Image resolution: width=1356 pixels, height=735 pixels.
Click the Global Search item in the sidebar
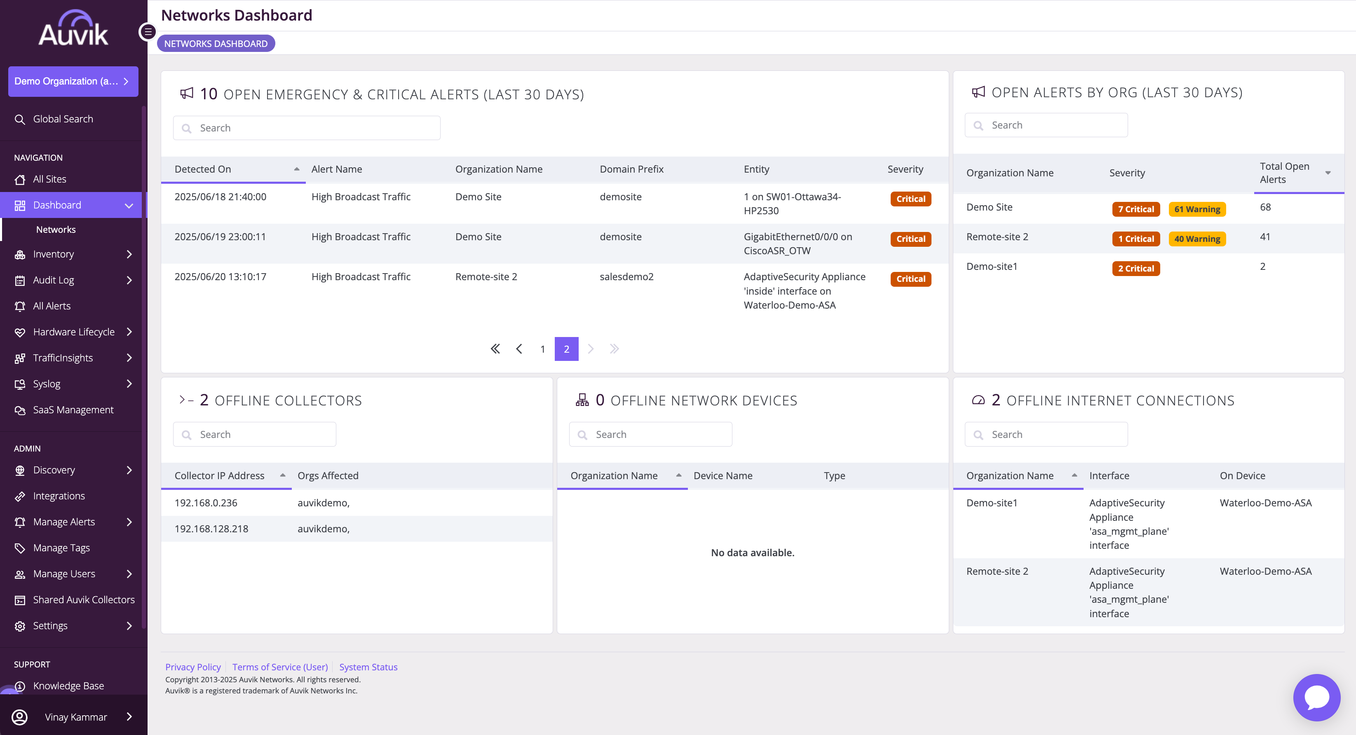63,119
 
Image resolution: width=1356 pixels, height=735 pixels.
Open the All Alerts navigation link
51,306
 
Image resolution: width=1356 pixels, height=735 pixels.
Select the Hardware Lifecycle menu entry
73,332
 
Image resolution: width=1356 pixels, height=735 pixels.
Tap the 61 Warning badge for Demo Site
1197,209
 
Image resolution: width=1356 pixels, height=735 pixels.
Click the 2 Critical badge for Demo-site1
1136,268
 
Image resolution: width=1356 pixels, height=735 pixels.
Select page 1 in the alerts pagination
543,349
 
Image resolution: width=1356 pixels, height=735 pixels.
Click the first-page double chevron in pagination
495,349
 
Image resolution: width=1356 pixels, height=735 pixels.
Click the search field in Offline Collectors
255,435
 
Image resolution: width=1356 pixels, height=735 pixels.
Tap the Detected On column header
203,169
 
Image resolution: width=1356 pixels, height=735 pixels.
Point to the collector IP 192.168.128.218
211,529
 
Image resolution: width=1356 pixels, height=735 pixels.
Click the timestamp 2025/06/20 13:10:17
220,277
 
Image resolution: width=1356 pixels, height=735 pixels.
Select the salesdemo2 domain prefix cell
626,277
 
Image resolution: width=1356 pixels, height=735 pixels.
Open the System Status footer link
368,667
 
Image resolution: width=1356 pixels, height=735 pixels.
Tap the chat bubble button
1316,697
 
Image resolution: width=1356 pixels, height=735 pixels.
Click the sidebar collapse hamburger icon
148,32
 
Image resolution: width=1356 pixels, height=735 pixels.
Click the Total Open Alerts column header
1284,173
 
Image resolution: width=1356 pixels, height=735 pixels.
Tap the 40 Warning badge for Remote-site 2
1197,239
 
